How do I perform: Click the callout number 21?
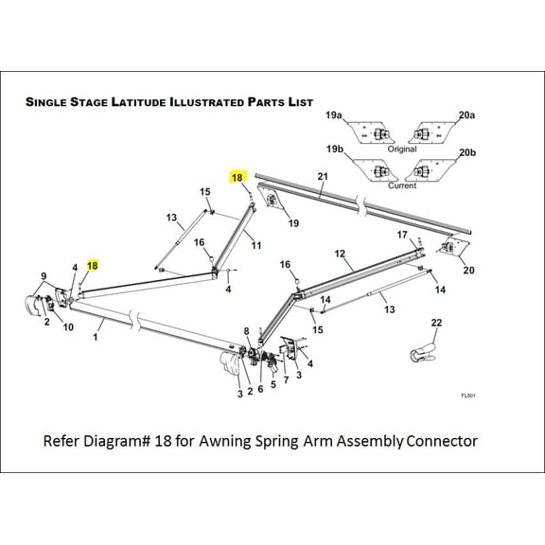pos(322,177)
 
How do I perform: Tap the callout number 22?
pos(436,324)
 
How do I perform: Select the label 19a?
pos(334,114)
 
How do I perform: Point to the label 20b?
pos(466,152)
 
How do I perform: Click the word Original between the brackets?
pos(401,149)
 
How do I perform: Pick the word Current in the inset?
pos(401,185)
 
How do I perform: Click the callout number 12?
pos(340,254)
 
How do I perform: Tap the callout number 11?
pos(255,245)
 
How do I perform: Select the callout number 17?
pos(401,234)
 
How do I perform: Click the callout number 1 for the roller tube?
pos(97,335)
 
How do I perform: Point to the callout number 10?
pos(68,327)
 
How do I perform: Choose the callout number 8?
pos(246,331)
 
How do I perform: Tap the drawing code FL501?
pos(466,396)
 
